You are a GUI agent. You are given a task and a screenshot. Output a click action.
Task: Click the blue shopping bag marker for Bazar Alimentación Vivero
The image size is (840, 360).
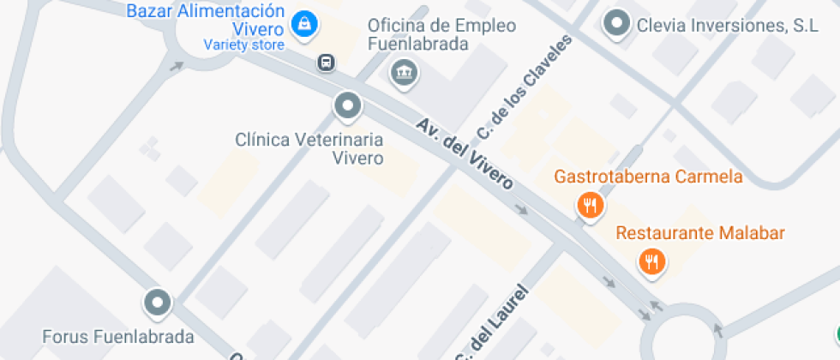click(303, 25)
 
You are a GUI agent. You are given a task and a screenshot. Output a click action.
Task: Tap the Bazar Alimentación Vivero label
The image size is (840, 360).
click(205, 20)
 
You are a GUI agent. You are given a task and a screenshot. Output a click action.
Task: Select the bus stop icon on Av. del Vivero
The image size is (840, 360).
click(326, 62)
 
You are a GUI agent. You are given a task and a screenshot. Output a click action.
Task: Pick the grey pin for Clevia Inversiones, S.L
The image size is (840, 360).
click(616, 25)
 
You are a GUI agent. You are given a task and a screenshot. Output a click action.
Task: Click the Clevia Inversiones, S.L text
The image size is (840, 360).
click(727, 26)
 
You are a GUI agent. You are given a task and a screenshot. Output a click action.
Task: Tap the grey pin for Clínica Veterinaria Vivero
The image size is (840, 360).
click(347, 106)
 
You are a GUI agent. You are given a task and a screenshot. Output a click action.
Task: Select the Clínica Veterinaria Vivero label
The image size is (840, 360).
click(309, 147)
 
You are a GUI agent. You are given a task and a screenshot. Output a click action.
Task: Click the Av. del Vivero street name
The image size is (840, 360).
click(465, 154)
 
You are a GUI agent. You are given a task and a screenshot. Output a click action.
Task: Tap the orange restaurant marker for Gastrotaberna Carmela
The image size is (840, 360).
click(590, 205)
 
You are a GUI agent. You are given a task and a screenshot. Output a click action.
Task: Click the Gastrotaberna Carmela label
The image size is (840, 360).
click(648, 177)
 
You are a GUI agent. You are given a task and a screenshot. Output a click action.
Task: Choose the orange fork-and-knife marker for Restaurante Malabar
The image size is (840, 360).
click(652, 261)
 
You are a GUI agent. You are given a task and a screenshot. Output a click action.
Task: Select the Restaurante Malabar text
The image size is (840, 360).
click(700, 233)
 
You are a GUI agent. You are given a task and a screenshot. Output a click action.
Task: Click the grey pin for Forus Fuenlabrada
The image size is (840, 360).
click(157, 302)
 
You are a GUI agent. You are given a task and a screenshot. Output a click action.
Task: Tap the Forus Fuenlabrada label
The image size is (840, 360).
click(118, 336)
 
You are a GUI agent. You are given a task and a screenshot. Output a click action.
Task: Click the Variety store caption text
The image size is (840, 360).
click(243, 45)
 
